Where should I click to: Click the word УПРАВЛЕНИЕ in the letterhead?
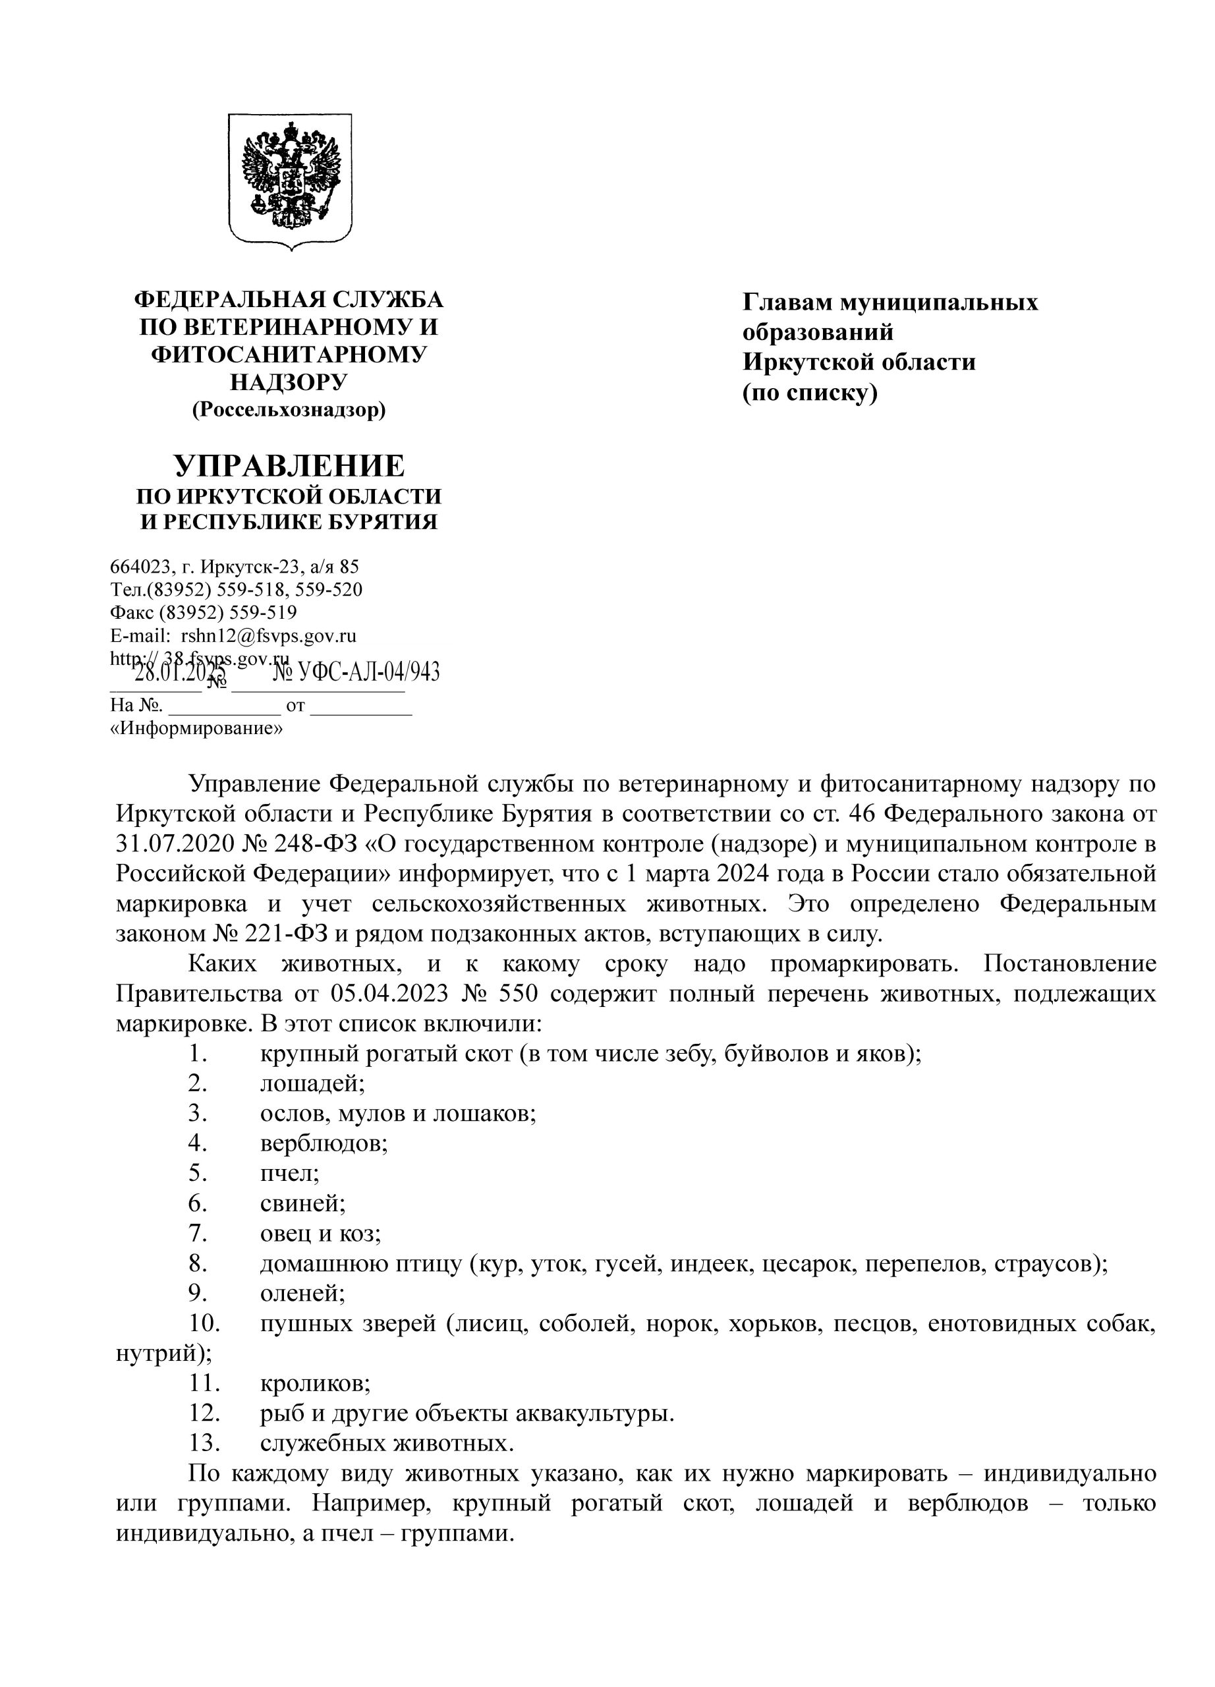(289, 466)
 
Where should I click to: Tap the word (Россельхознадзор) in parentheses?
(289, 409)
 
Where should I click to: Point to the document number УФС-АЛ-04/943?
(368, 672)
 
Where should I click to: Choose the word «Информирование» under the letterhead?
(196, 728)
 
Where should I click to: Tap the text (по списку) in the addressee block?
(810, 392)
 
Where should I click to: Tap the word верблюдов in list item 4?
(324, 1143)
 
